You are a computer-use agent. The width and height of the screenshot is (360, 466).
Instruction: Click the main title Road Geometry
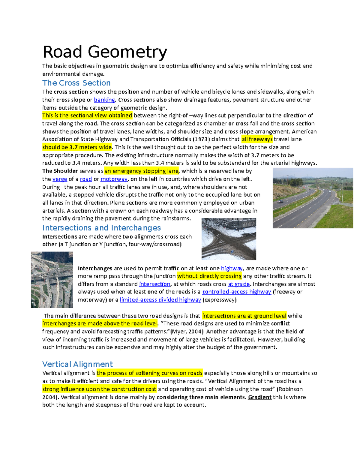(105, 52)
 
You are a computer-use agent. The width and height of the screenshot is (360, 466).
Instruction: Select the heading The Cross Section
(76, 83)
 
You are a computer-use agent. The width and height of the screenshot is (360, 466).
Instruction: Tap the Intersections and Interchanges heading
(101, 228)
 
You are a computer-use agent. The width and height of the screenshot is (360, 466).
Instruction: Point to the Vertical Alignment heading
(77, 364)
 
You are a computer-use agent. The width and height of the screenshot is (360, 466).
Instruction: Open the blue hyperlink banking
(104, 100)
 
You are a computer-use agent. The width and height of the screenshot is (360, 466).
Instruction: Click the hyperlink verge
(60, 179)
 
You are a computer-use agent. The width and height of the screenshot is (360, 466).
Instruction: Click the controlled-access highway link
(236, 292)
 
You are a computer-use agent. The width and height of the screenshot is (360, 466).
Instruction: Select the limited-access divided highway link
(160, 300)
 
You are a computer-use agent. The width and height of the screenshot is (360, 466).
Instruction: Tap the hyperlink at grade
(239, 284)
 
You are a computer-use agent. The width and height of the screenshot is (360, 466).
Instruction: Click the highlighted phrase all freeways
(257, 139)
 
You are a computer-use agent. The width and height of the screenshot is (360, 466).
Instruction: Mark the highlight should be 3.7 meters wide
(77, 147)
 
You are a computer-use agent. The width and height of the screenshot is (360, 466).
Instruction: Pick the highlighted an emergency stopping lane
(141, 171)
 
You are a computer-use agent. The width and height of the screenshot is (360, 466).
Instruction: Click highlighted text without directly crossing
(209, 276)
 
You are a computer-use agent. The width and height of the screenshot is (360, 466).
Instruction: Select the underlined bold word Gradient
(259, 397)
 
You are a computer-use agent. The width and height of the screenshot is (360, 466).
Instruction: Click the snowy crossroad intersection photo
(229, 239)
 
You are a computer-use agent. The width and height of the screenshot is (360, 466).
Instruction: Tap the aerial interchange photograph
(52, 280)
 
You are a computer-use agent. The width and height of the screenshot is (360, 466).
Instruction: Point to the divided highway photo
(313, 198)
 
